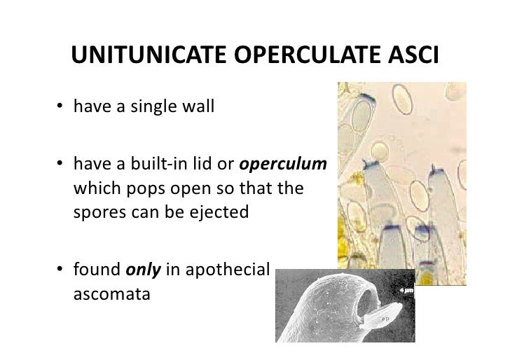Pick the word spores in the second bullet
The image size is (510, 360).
93,212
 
